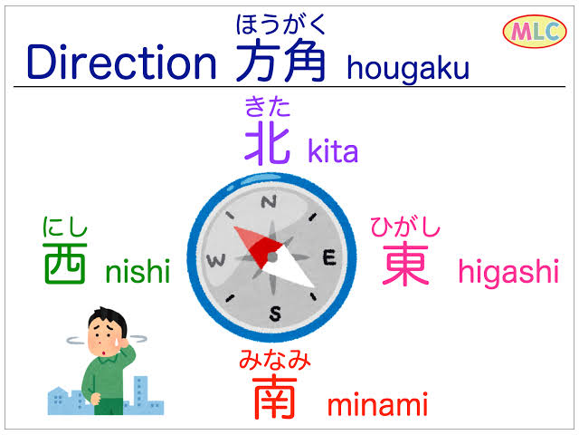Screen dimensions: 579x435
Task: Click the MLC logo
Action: coord(535,32)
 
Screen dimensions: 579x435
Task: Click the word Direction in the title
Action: coord(121,62)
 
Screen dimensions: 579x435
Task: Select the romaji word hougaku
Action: coord(408,69)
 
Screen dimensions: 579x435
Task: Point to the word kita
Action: coord(333,150)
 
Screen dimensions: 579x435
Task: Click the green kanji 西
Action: coord(65,264)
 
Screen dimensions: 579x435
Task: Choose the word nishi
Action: coord(138,270)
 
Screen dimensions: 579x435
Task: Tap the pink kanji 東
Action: coord(405,263)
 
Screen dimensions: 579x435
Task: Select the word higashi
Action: coord(508,272)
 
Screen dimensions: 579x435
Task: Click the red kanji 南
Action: coord(274,398)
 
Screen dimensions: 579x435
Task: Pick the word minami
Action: coord(377,405)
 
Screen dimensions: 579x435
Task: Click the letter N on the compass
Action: coord(269,202)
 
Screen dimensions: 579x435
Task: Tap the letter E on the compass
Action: coord(329,257)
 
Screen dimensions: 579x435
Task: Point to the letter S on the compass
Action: coord(275,314)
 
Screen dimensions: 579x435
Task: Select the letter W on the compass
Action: coord(216,261)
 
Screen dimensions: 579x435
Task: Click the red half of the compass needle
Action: coord(259,244)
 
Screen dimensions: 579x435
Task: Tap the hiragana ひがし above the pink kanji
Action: coord(405,227)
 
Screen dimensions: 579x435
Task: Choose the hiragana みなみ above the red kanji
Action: coord(275,359)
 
